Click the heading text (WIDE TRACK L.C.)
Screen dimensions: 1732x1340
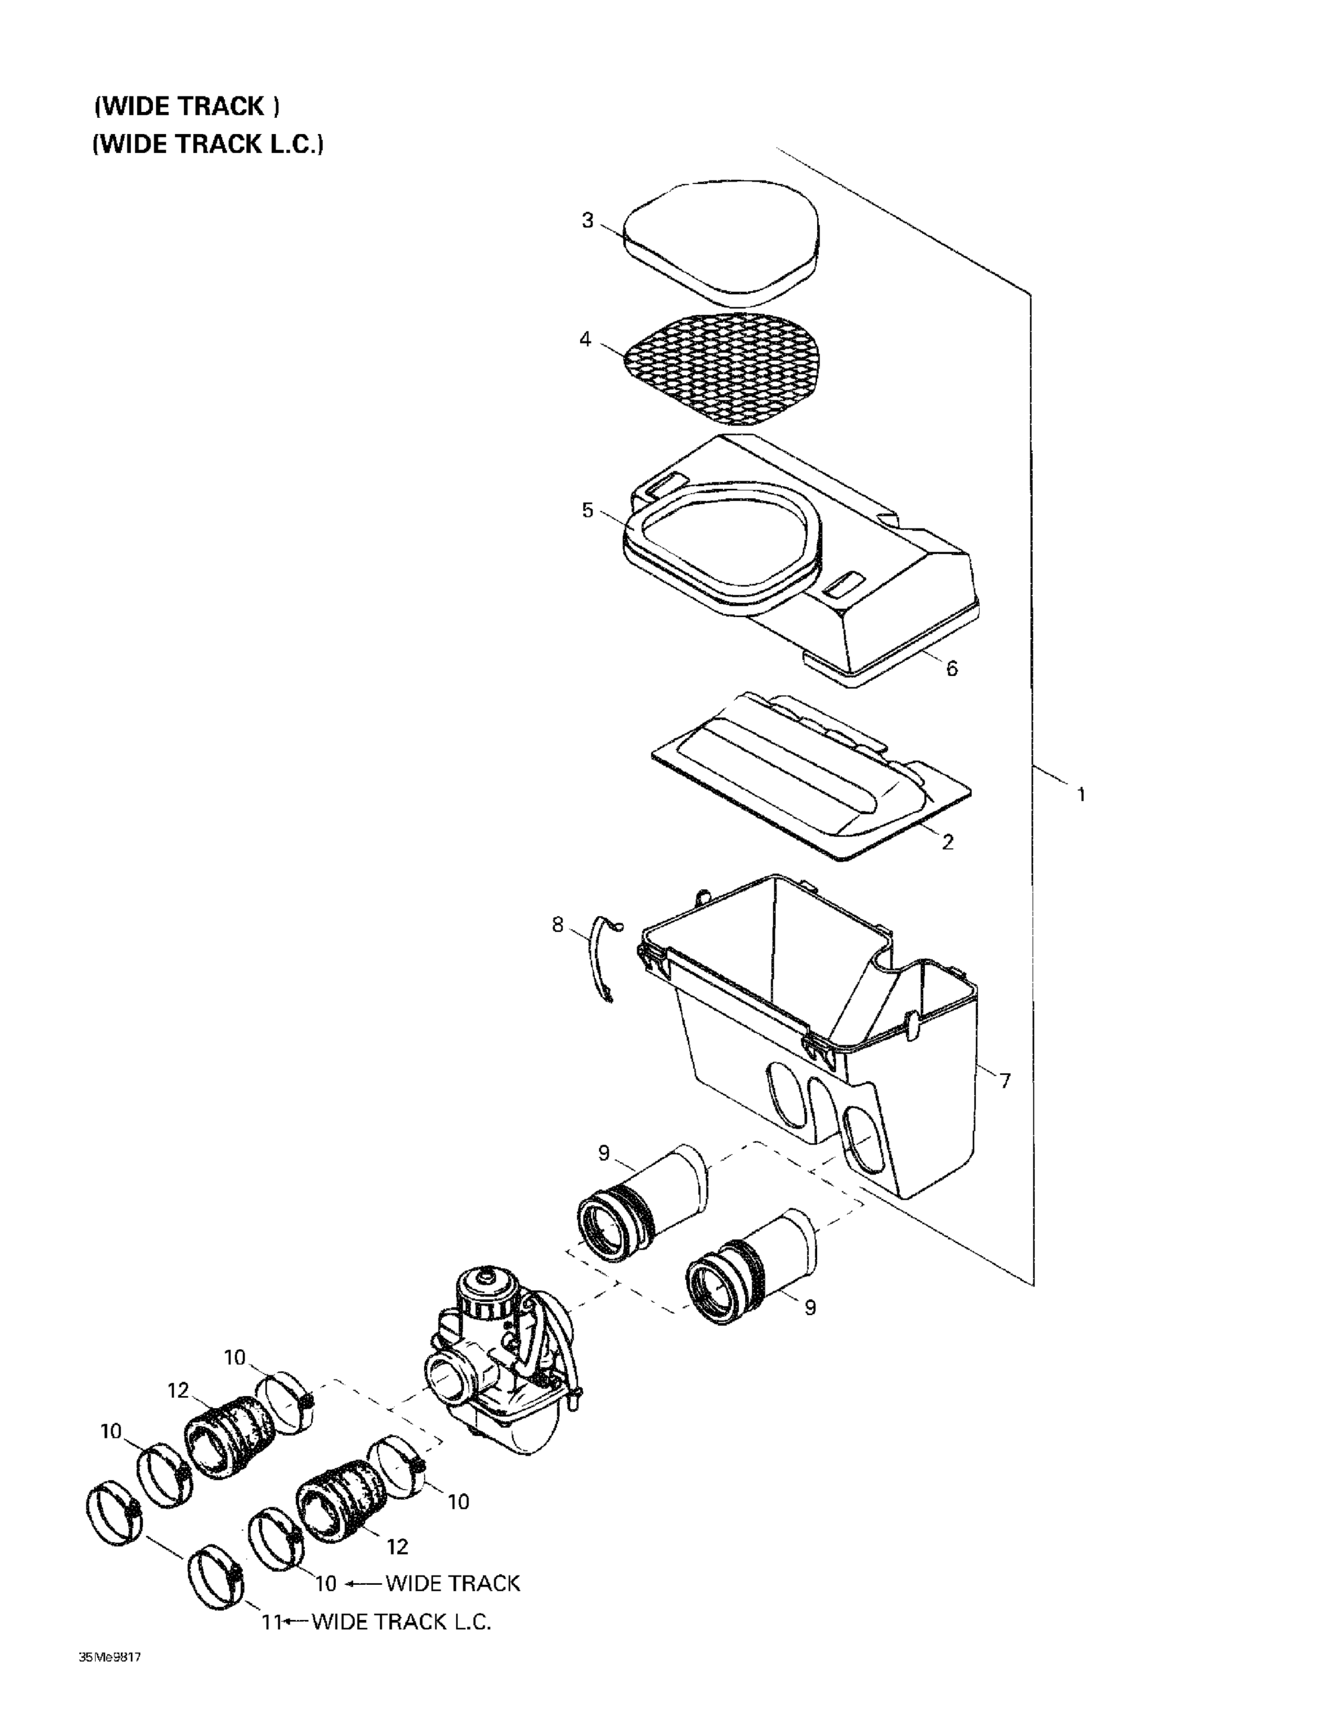pos(208,144)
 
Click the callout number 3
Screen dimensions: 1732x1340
pos(587,221)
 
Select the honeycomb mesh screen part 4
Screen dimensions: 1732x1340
pos(721,367)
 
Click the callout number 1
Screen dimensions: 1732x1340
pos(1080,794)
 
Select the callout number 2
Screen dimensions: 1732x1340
pos(947,842)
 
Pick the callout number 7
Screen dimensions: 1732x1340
pos(1005,1080)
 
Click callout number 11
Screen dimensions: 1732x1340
pos(271,1622)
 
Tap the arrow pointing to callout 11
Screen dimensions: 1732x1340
pos(297,1622)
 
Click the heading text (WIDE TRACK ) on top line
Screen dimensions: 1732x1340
pos(186,106)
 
